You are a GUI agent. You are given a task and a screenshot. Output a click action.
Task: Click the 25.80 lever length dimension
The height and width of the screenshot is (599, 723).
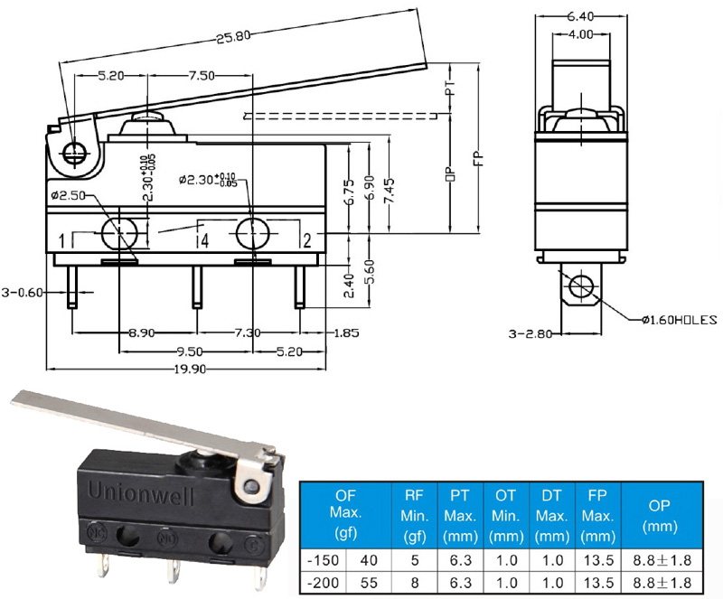point(233,36)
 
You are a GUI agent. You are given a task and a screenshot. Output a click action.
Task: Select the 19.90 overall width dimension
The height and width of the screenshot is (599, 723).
point(190,369)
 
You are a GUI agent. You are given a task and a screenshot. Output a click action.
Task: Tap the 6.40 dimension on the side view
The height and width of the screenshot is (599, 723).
point(580,16)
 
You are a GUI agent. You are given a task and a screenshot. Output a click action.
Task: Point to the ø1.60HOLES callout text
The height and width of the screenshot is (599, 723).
point(680,320)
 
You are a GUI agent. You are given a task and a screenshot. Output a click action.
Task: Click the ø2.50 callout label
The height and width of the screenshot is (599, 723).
point(69,195)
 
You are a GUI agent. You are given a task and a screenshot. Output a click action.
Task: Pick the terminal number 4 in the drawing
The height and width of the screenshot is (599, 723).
point(204,240)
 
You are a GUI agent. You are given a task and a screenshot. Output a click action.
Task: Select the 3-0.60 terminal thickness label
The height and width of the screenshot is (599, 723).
point(22,293)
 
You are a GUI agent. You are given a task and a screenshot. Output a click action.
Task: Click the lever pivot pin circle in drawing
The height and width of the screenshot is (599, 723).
point(73,152)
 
